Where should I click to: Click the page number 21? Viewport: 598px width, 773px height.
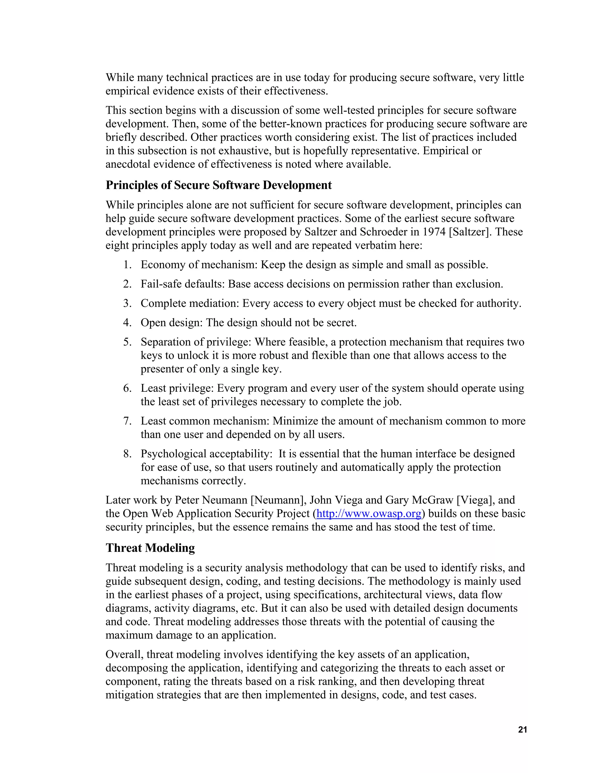(x=522, y=730)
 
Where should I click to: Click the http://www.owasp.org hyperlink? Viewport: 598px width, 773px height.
(x=369, y=514)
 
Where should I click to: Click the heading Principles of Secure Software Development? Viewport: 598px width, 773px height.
(x=219, y=185)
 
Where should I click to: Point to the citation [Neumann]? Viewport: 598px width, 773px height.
(x=279, y=500)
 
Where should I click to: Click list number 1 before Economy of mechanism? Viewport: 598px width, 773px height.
(x=128, y=265)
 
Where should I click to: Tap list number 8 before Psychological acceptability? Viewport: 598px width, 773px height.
(x=128, y=454)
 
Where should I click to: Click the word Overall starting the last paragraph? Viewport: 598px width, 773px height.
(x=123, y=655)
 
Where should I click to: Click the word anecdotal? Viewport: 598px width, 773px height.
(x=128, y=164)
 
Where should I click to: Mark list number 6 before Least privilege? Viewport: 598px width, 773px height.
(x=128, y=388)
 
